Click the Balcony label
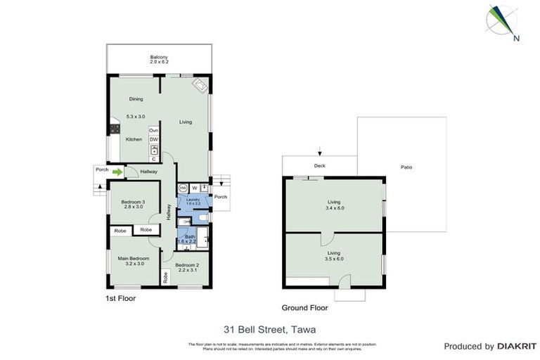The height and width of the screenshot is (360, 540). click(x=159, y=57)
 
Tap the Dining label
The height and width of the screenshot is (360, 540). click(x=136, y=99)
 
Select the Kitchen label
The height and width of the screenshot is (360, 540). click(x=134, y=139)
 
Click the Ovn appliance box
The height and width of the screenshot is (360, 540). click(x=153, y=131)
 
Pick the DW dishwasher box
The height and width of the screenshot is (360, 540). click(x=153, y=140)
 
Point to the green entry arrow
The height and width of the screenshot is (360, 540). click(x=118, y=171)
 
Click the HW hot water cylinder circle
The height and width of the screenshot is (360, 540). click(x=183, y=188)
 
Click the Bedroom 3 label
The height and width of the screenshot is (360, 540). click(x=132, y=202)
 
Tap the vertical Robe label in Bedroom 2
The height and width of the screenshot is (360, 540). click(x=166, y=277)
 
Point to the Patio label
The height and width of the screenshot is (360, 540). click(x=406, y=167)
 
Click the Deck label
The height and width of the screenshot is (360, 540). click(x=320, y=167)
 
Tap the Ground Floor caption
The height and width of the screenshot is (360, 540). click(x=304, y=307)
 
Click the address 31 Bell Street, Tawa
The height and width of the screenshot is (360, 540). click(x=269, y=328)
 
